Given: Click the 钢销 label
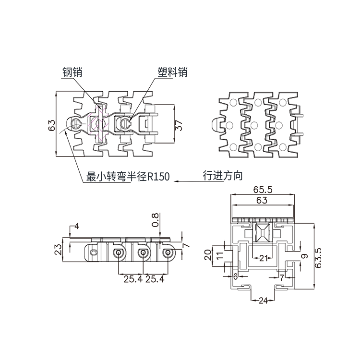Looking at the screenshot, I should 72,72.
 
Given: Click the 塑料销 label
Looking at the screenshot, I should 172,72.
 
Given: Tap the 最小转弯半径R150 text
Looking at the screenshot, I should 128,176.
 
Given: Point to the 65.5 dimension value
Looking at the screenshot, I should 262,190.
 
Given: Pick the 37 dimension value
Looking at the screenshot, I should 178,126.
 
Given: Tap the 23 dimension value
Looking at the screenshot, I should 58,249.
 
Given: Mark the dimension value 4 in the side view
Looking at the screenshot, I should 76,226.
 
